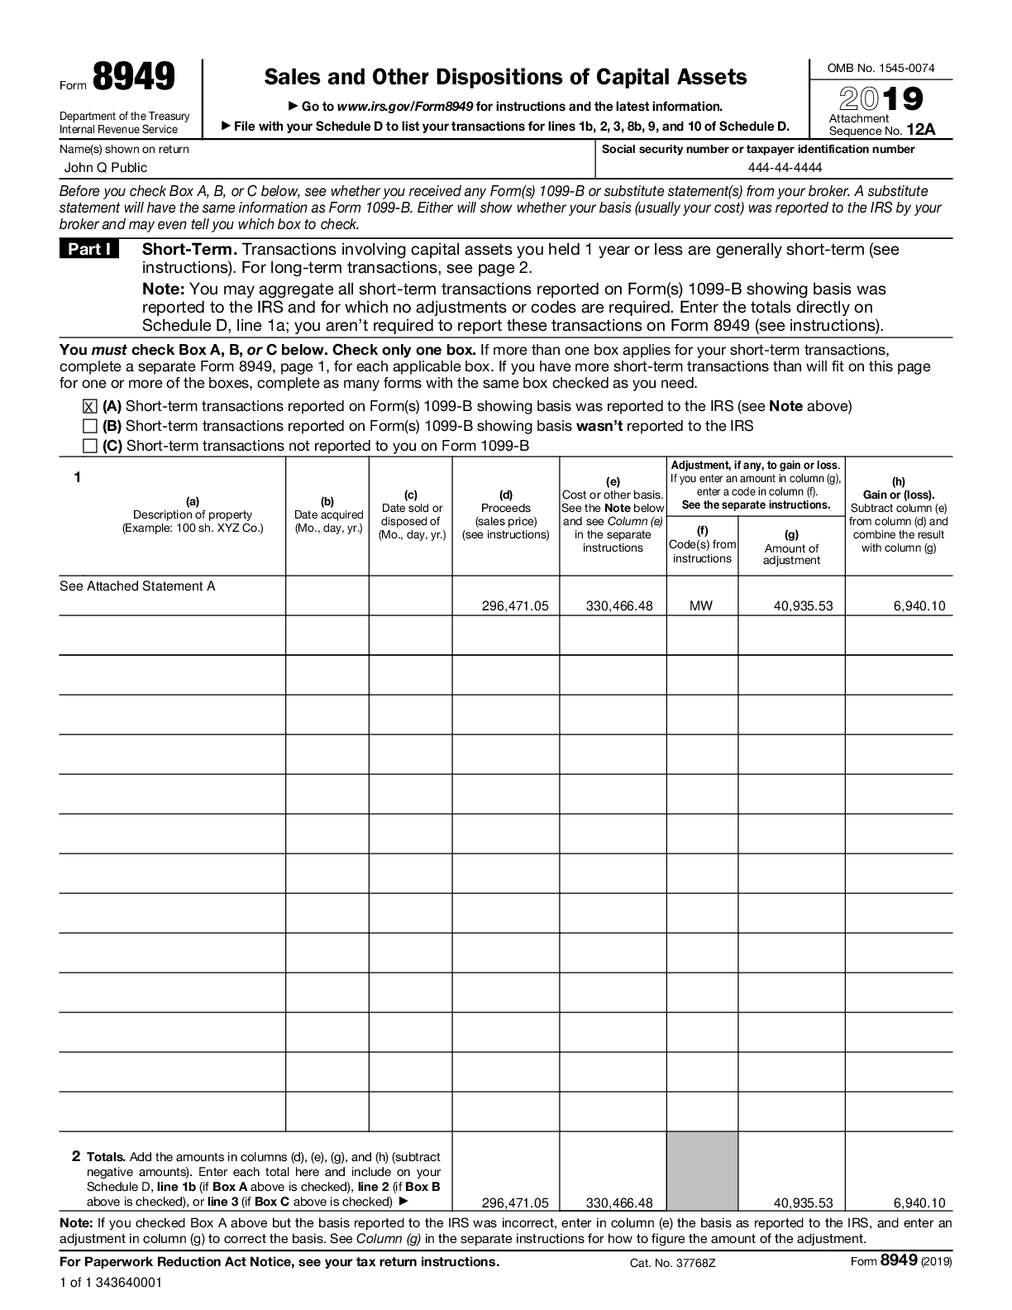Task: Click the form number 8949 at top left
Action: [133, 77]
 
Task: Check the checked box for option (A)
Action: [90, 406]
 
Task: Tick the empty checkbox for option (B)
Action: [90, 426]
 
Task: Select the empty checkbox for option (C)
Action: [90, 446]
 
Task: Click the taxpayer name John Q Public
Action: [106, 168]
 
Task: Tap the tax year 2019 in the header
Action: [881, 100]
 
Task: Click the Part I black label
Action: [89, 249]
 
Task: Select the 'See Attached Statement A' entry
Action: [137, 586]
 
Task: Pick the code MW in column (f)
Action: [701, 606]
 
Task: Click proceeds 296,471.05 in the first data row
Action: [514, 606]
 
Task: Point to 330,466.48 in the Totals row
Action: [618, 1203]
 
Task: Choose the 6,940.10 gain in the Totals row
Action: [919, 1203]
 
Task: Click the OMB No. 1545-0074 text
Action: [881, 69]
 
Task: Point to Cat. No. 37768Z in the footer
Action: [672, 1262]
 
